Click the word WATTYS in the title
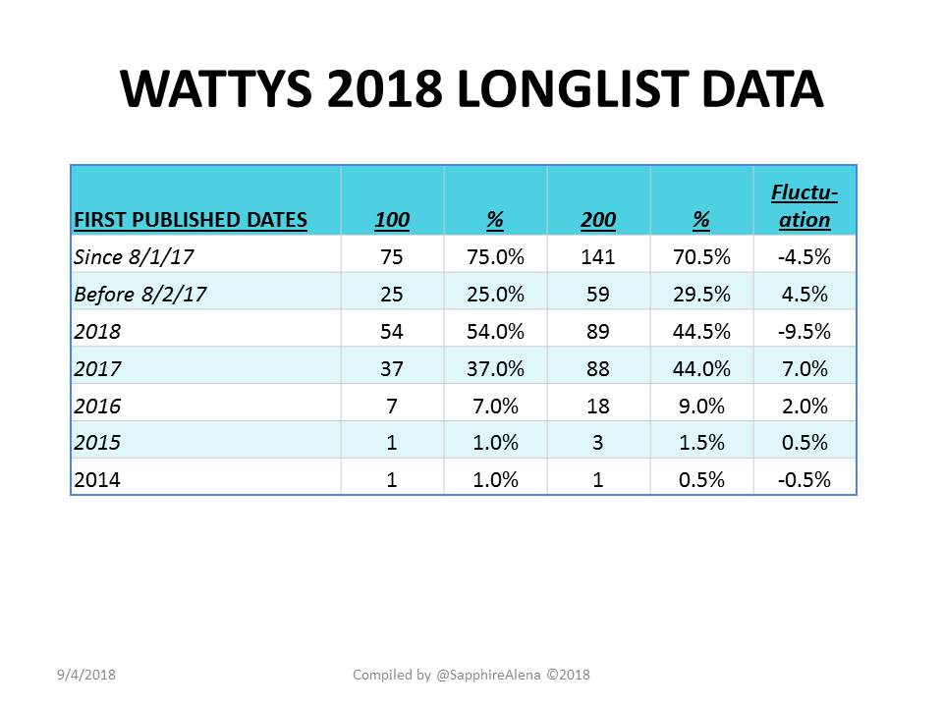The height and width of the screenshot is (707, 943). click(x=216, y=89)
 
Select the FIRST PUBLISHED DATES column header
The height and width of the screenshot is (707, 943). click(x=191, y=219)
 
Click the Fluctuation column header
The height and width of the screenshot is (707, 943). click(x=804, y=205)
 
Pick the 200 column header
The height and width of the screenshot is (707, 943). click(x=598, y=219)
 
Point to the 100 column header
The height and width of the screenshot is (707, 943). click(x=392, y=219)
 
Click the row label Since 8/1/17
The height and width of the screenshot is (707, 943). click(x=134, y=257)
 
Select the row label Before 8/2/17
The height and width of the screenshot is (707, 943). click(x=140, y=295)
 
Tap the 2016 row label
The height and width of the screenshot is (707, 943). click(x=97, y=407)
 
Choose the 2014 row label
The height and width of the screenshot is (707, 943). click(x=97, y=480)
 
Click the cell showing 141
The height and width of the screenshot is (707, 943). click(x=598, y=257)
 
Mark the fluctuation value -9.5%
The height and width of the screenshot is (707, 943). click(x=804, y=332)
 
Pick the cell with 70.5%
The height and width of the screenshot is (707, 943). click(x=701, y=257)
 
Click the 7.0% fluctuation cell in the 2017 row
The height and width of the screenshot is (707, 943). click(x=804, y=369)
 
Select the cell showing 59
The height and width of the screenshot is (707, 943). click(x=598, y=295)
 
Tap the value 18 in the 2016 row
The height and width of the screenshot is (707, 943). click(x=598, y=407)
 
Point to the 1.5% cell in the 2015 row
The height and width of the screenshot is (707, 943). click(x=701, y=443)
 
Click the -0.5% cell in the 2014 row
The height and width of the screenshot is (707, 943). click(x=804, y=480)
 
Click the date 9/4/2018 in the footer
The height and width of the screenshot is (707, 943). click(x=86, y=676)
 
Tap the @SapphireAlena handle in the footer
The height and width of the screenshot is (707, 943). click(x=488, y=676)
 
